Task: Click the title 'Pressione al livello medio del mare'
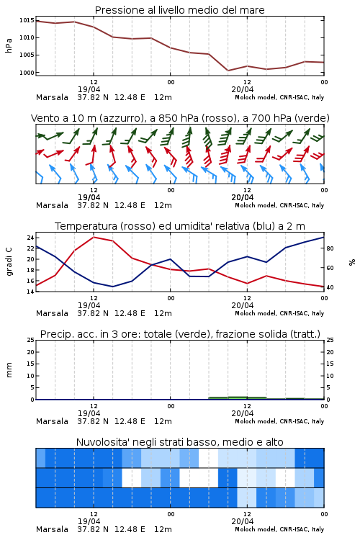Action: pyautogui.click(x=179, y=10)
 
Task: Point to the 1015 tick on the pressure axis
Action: pyautogui.click(x=27, y=20)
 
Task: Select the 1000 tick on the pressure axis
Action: pyautogui.click(x=27, y=73)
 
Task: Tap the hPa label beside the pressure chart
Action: pyautogui.click(x=9, y=45)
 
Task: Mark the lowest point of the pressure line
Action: pyautogui.click(x=228, y=71)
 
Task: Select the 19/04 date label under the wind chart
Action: pyautogui.click(x=89, y=197)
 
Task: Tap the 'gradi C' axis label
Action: pyautogui.click(x=9, y=262)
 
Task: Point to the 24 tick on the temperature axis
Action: pyautogui.click(x=30, y=238)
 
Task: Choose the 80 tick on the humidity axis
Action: pyautogui.click(x=330, y=248)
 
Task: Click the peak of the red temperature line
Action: pyautogui.click(x=94, y=237)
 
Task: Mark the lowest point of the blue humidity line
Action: pyautogui.click(x=112, y=287)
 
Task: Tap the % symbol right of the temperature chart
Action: pyautogui.click(x=352, y=262)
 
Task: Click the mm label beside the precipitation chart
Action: pyautogui.click(x=9, y=370)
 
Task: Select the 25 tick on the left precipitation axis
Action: pyautogui.click(x=30, y=340)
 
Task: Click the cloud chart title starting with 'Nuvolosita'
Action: pyautogui.click(x=179, y=442)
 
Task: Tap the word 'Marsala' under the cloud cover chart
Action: pyautogui.click(x=52, y=529)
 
